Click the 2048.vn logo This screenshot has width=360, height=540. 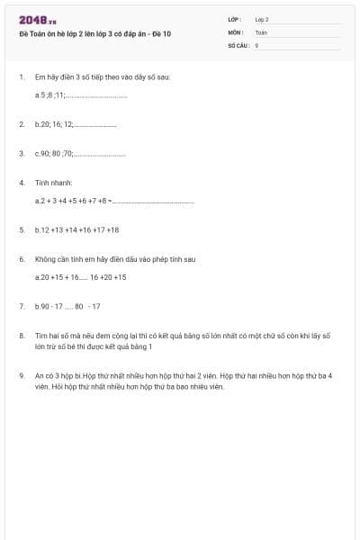pyautogui.click(x=38, y=20)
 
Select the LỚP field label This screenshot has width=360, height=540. pyautogui.click(x=235, y=19)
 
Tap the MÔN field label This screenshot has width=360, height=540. pyautogui.click(x=235, y=31)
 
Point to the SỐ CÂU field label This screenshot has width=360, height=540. pyautogui.click(x=238, y=44)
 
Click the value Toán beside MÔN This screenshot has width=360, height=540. pyautogui.click(x=261, y=31)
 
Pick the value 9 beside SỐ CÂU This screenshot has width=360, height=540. pyautogui.click(x=256, y=44)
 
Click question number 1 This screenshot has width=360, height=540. pyautogui.click(x=21, y=77)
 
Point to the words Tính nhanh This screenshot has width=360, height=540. pyautogui.click(x=53, y=183)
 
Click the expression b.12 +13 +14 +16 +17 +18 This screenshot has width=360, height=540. pyautogui.click(x=76, y=229)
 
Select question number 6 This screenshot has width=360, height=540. pyautogui.click(x=21, y=259)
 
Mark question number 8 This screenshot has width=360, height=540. pyautogui.click(x=21, y=335)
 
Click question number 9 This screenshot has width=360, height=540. pyautogui.click(x=21, y=374)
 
